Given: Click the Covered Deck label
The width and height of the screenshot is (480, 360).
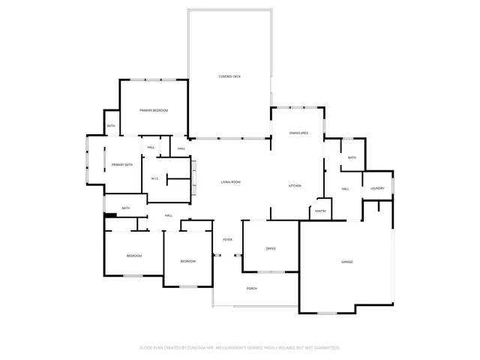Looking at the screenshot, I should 229,76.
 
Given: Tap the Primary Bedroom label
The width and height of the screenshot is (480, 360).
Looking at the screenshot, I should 153,110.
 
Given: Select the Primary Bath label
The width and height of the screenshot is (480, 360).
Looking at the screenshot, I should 122,164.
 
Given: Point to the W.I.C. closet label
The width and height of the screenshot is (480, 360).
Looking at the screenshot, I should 154,178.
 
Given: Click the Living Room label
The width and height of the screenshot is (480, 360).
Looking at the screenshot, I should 230,182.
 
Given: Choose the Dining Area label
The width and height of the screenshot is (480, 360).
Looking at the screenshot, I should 299,133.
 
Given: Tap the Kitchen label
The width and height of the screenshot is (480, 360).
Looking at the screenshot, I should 295,185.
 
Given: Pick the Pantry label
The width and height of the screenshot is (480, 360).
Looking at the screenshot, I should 320,211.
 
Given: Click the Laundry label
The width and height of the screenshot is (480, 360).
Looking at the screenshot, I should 377,188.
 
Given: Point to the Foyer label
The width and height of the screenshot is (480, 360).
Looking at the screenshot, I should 227,239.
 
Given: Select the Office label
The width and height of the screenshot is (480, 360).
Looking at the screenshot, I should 271,248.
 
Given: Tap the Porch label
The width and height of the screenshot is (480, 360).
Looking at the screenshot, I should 252,288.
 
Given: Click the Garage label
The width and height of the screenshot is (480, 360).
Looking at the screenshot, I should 347,261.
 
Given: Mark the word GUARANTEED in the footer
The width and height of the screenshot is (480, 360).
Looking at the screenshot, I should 325,348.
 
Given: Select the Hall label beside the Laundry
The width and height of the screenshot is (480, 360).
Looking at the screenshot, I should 346,188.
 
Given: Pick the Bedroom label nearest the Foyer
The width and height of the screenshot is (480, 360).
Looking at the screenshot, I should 187,261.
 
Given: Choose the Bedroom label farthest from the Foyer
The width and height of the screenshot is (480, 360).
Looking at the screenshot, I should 133,256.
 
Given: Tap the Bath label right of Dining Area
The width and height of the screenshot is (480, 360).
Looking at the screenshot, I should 351,157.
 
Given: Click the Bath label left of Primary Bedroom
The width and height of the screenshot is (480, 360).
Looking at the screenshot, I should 111,126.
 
